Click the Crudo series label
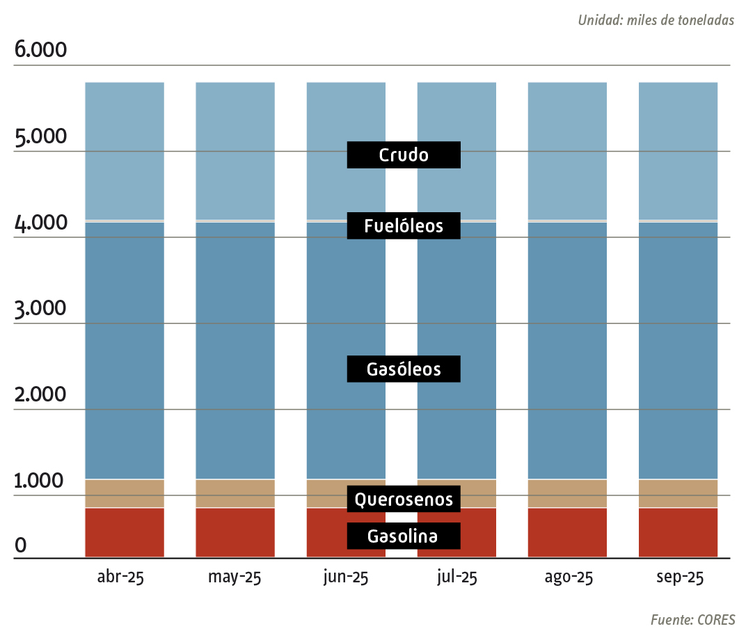click(404, 154)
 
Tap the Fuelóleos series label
click(404, 226)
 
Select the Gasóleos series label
click(404, 369)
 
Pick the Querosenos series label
click(404, 499)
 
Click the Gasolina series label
click(404, 536)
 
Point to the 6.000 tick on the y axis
click(40, 51)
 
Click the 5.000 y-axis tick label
click(40, 137)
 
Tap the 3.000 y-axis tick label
click(40, 309)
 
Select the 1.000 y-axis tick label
click(40, 481)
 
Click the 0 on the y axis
click(21, 545)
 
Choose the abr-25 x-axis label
click(120, 577)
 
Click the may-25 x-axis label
click(235, 577)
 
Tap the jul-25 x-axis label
click(457, 577)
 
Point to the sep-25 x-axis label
click(680, 577)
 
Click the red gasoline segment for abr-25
click(125, 533)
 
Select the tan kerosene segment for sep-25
click(678, 493)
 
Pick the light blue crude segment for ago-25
click(567, 150)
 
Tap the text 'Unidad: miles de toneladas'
click(656, 20)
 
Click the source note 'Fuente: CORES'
click(692, 619)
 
